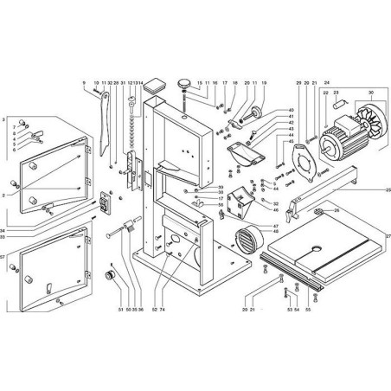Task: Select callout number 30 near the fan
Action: [373, 93]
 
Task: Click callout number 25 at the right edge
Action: [386, 189]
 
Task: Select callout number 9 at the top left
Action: [85, 83]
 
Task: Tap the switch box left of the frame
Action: [106, 204]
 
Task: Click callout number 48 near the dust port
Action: [275, 231]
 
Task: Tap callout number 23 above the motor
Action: [337, 93]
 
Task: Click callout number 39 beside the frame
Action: [221, 188]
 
